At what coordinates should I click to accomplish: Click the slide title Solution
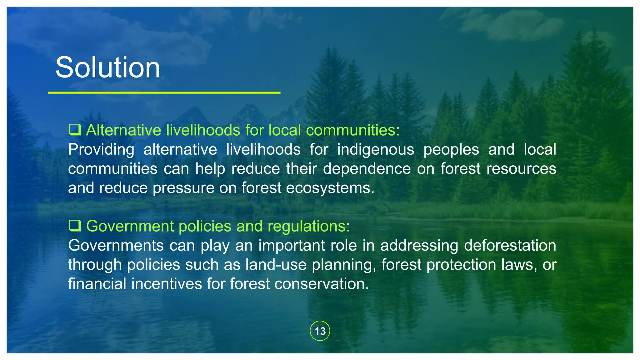tap(107, 67)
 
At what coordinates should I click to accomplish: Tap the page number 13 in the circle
tap(320, 331)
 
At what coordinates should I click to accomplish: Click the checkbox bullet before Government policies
tap(75, 225)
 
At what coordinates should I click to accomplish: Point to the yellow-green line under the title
tap(164, 92)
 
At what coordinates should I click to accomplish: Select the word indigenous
tap(375, 149)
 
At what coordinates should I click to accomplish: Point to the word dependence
tap(367, 169)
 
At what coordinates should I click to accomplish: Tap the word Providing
tap(101, 149)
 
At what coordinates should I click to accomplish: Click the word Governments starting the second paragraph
tap(116, 245)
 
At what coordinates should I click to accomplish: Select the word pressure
tap(183, 188)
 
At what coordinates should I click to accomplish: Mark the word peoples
tap(451, 149)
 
